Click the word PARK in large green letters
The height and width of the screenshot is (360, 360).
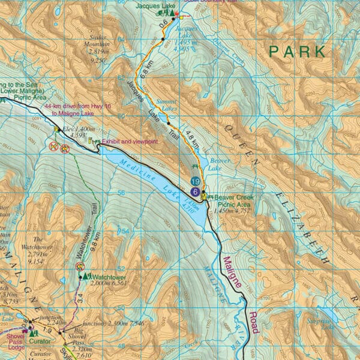click(x=297, y=51)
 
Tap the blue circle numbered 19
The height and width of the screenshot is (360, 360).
click(x=195, y=181)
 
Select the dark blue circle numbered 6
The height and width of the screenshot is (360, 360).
click(x=195, y=191)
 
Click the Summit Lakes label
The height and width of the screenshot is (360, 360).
click(x=167, y=105)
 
